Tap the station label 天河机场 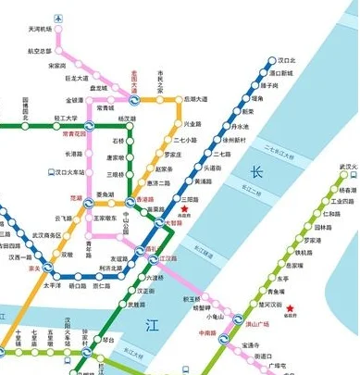tap(41, 31)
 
